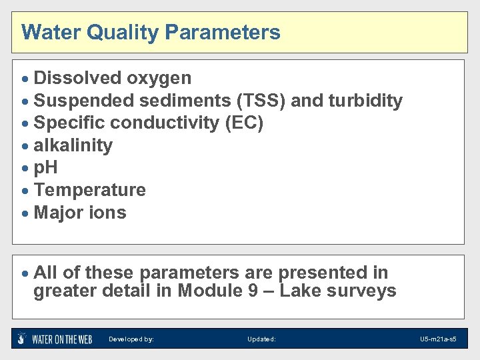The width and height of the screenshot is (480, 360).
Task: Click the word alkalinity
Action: [x=73, y=145]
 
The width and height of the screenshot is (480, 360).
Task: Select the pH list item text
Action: [x=45, y=168]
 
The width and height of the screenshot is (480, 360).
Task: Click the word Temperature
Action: [x=89, y=190]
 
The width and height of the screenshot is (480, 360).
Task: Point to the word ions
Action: [x=109, y=213]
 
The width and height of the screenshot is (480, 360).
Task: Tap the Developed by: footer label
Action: [x=131, y=339]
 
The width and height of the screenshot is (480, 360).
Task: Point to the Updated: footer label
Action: [x=261, y=339]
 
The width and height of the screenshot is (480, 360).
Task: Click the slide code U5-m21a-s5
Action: [x=438, y=339]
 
